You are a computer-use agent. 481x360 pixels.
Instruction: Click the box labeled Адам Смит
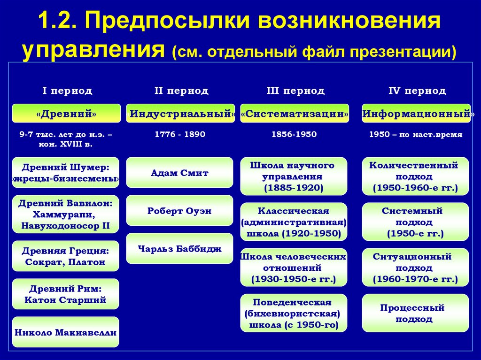coord(179,173)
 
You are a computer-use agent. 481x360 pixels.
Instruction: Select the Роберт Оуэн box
coord(179,211)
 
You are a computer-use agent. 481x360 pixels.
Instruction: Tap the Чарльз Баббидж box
coord(179,249)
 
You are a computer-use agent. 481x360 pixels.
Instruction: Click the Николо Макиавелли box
coord(65,332)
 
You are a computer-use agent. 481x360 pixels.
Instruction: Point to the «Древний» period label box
coord(65,114)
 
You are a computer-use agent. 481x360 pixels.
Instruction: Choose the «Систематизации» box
coord(295,114)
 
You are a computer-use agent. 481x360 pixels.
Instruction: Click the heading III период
coord(295,91)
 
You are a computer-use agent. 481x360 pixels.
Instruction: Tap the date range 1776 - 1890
coord(180,134)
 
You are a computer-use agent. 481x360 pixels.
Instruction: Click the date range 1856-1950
coord(294,134)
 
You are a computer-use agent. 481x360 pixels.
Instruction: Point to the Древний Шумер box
coord(65,173)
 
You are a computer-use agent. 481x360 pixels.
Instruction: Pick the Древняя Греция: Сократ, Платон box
coord(65,256)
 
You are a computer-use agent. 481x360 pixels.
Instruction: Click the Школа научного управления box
coord(294,176)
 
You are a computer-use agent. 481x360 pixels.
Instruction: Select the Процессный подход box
coord(415,313)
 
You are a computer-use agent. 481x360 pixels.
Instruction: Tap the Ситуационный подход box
coord(415,268)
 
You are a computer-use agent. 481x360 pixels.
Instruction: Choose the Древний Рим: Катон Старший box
coord(65,294)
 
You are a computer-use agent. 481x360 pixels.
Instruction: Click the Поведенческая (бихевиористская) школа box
coord(294,313)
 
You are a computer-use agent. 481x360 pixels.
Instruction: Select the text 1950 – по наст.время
coord(416,134)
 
